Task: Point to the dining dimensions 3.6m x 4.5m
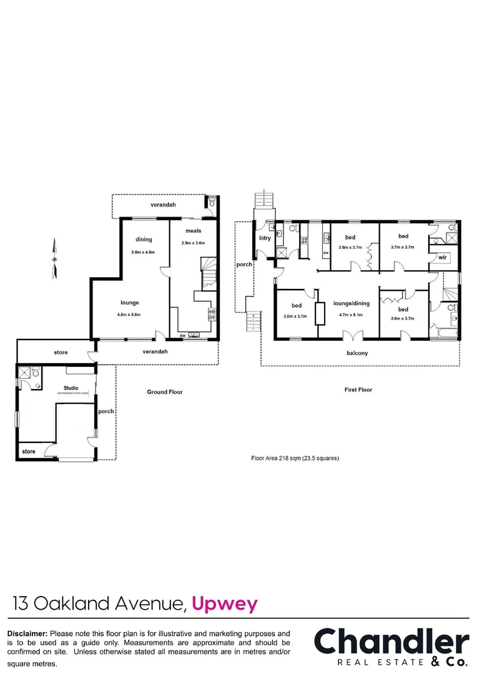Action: point(144,252)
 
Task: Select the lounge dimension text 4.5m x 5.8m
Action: point(130,315)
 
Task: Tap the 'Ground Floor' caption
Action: point(165,392)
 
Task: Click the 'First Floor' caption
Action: point(358,389)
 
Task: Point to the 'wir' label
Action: point(443,257)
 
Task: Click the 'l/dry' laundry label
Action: point(264,239)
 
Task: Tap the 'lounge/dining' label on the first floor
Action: point(351,303)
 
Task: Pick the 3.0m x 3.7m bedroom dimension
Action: point(297,316)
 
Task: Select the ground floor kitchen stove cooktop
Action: point(212,314)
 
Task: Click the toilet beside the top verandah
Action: point(212,202)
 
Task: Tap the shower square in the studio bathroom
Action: point(25,373)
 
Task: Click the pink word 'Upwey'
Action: point(225,603)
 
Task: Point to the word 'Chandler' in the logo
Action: point(391,642)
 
